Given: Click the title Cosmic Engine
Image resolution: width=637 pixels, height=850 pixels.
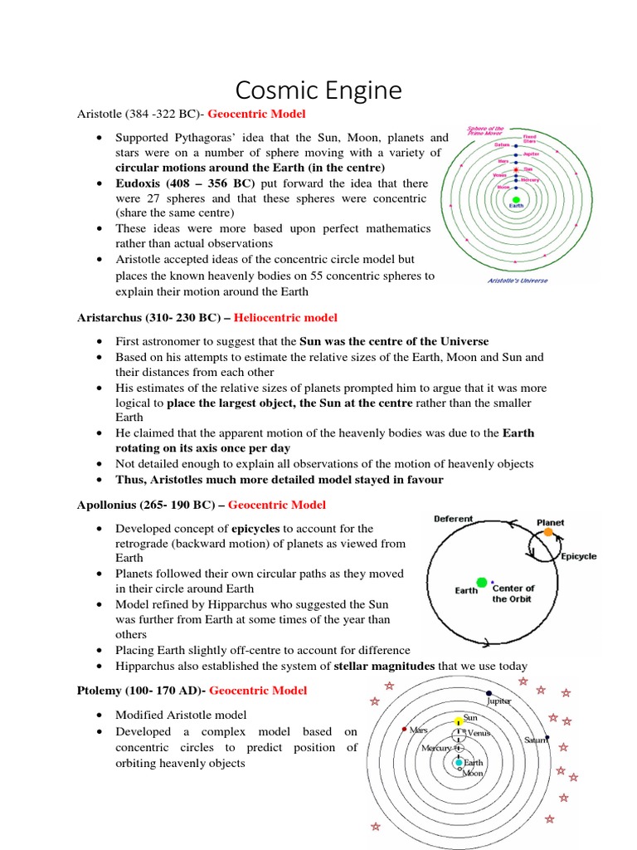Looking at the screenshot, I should [x=318, y=90].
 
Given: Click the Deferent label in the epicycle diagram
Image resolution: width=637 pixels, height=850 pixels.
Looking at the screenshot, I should [x=454, y=519].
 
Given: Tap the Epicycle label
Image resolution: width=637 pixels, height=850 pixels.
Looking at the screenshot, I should [x=578, y=556].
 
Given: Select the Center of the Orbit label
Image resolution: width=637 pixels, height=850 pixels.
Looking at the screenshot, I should [x=513, y=594].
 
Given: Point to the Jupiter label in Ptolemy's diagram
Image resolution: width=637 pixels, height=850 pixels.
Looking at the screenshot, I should [x=499, y=701].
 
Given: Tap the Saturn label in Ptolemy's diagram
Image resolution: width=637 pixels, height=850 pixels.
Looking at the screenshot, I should [x=537, y=740].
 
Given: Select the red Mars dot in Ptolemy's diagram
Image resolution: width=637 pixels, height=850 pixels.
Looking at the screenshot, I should [x=405, y=730].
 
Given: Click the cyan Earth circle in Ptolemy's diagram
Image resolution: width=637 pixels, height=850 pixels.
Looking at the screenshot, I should [x=458, y=762].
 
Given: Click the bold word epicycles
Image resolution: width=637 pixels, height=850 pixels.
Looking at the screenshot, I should [x=257, y=528].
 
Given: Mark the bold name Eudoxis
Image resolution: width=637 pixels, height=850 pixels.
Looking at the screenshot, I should [x=143, y=183].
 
